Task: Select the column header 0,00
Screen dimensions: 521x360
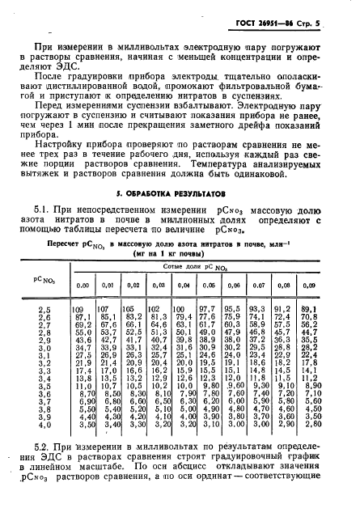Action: (82, 285)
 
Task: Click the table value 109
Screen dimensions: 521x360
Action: (79, 310)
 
